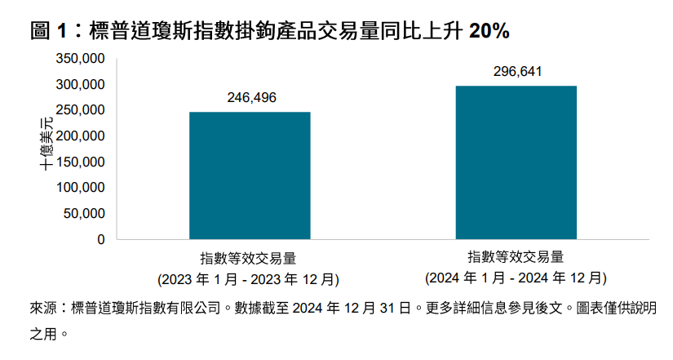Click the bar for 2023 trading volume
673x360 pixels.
click(250, 176)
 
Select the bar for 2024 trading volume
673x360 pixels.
click(516, 162)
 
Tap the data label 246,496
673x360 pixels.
click(250, 98)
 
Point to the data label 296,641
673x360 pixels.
click(517, 72)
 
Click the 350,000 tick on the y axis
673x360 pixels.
click(80, 59)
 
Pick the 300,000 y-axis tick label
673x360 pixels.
click(80, 85)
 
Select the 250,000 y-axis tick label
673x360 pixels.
click(80, 110)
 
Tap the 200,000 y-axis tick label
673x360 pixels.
click(80, 136)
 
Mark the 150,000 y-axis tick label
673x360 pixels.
click(80, 162)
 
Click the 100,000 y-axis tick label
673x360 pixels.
click(80, 188)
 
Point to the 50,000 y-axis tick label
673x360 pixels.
click(83, 214)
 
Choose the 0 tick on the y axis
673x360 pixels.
click(100, 240)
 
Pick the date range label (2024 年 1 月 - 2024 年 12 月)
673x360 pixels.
click(516, 278)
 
